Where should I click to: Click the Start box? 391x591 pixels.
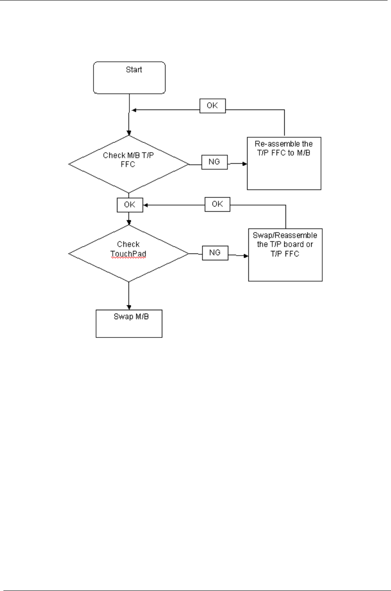click(129, 78)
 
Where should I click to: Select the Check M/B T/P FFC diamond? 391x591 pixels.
click(128, 164)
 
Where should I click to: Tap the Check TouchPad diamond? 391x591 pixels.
click(128, 254)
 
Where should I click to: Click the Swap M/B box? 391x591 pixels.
click(129, 323)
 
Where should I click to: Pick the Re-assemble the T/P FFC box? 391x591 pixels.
click(284, 163)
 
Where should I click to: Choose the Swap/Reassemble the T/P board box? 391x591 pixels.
click(285, 254)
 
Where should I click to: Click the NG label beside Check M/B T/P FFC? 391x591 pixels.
click(214, 162)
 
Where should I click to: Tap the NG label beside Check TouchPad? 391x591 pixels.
click(215, 253)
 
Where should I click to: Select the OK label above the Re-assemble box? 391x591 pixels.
click(212, 106)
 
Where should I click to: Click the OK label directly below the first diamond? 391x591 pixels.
click(130, 205)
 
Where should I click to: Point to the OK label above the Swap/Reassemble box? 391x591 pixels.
click(217, 204)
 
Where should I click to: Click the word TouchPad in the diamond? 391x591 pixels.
click(128, 254)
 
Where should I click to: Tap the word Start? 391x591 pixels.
click(134, 69)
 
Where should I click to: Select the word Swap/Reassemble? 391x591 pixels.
click(285, 235)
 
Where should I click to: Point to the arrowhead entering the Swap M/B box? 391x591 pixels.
click(129, 307)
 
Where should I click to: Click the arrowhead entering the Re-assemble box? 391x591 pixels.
click(245, 163)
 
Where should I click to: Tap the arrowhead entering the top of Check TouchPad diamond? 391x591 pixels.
click(129, 222)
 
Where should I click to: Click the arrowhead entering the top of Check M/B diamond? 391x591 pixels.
click(129, 133)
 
